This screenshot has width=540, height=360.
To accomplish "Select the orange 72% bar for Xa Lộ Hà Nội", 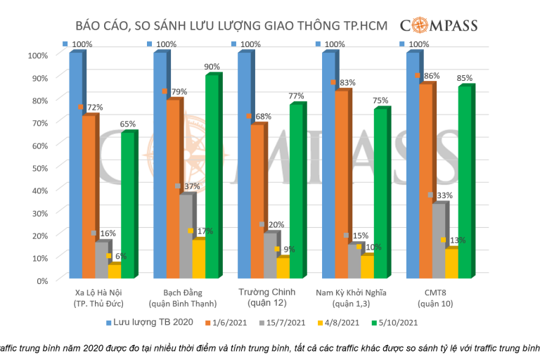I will (x=88, y=197).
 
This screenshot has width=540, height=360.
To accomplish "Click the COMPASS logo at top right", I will (x=439, y=26).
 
